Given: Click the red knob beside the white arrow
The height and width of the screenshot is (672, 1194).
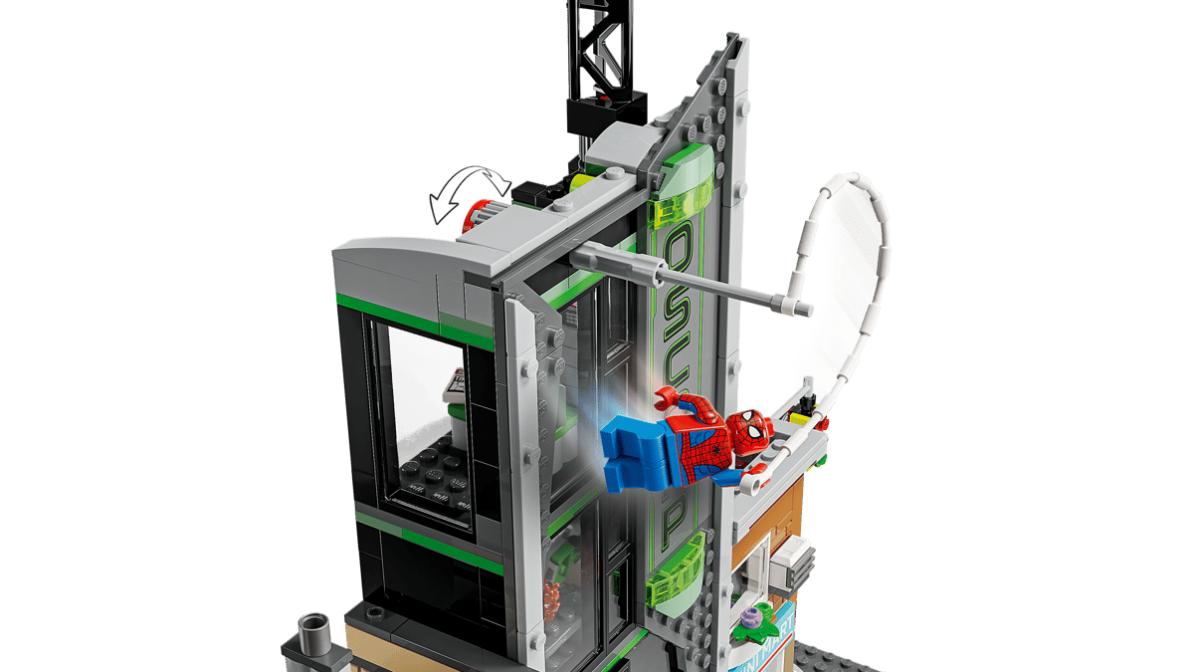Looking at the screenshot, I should pyautogui.click(x=480, y=213).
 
